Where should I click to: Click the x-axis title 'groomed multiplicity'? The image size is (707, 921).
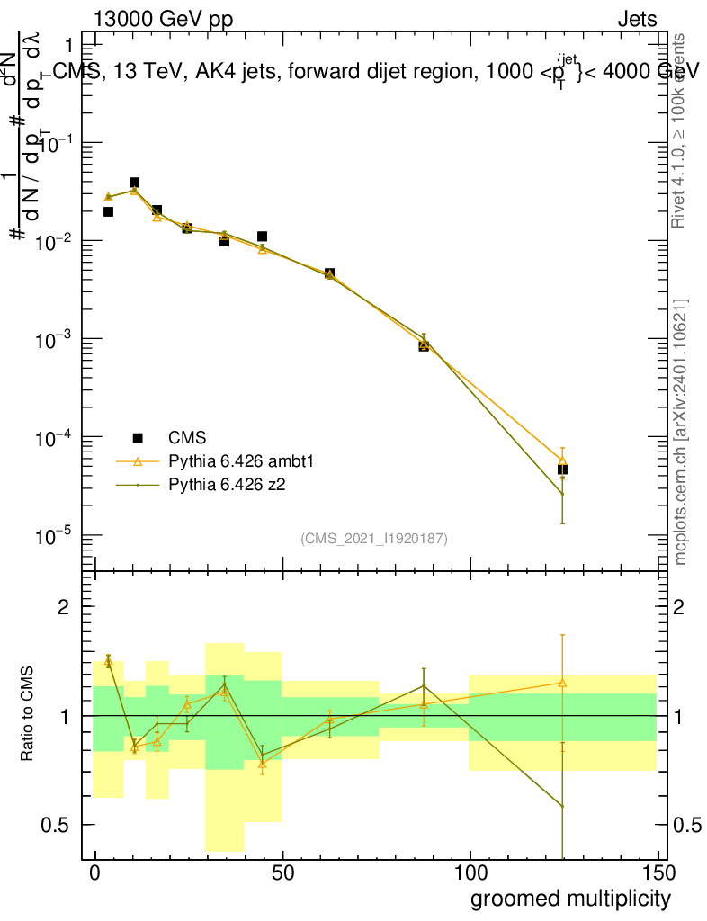[x=570, y=898]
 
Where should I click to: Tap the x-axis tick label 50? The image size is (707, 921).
[x=282, y=872]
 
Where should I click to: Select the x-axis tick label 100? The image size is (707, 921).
[x=470, y=872]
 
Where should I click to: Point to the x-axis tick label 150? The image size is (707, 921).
[x=658, y=872]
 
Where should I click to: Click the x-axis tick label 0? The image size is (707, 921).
[x=94, y=872]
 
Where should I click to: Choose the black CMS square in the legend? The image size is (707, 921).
[x=138, y=438]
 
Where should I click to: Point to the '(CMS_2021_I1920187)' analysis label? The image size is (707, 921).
[x=374, y=539]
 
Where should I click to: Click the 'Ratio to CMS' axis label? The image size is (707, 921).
[x=28, y=715]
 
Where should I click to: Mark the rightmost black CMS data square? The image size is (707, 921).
[x=562, y=469]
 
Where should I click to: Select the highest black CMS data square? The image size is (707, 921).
[x=134, y=183]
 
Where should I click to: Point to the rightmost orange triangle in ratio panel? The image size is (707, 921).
[x=562, y=683]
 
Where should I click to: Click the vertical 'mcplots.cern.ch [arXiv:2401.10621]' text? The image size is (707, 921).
[x=681, y=433]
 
